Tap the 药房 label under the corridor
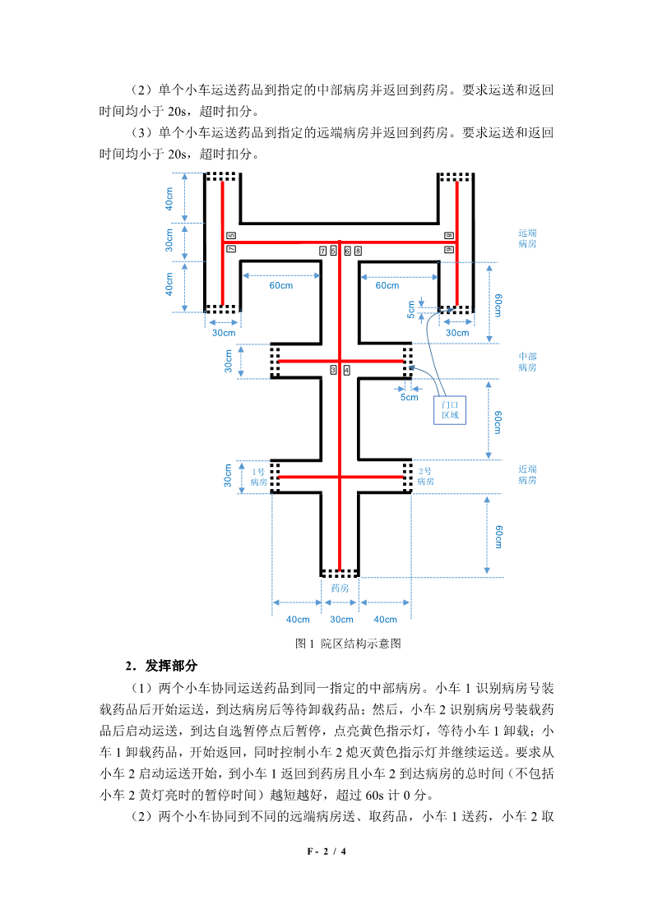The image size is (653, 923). coord(340,588)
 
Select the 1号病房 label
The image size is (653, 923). coord(259,477)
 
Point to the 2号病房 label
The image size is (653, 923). coord(425,476)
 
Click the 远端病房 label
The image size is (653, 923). coord(527,238)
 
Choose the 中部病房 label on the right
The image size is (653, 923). coord(527,362)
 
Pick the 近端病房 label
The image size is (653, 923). coord(527,474)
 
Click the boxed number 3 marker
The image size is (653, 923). coord(333,370)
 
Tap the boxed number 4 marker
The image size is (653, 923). coord(346,370)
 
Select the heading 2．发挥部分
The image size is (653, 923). coord(161,665)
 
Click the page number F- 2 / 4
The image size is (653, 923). coord(326,851)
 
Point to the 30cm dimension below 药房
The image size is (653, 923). coord(340,620)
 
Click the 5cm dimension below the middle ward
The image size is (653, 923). coord(409,397)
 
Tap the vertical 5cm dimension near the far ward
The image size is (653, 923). coord(411,309)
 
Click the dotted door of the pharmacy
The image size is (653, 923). coord(340,572)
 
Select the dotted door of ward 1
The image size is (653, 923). coord(275,477)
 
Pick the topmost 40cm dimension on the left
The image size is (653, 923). coord(169,198)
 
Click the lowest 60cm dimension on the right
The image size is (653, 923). coord(498,535)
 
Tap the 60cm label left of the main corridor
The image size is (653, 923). coord(280,285)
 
